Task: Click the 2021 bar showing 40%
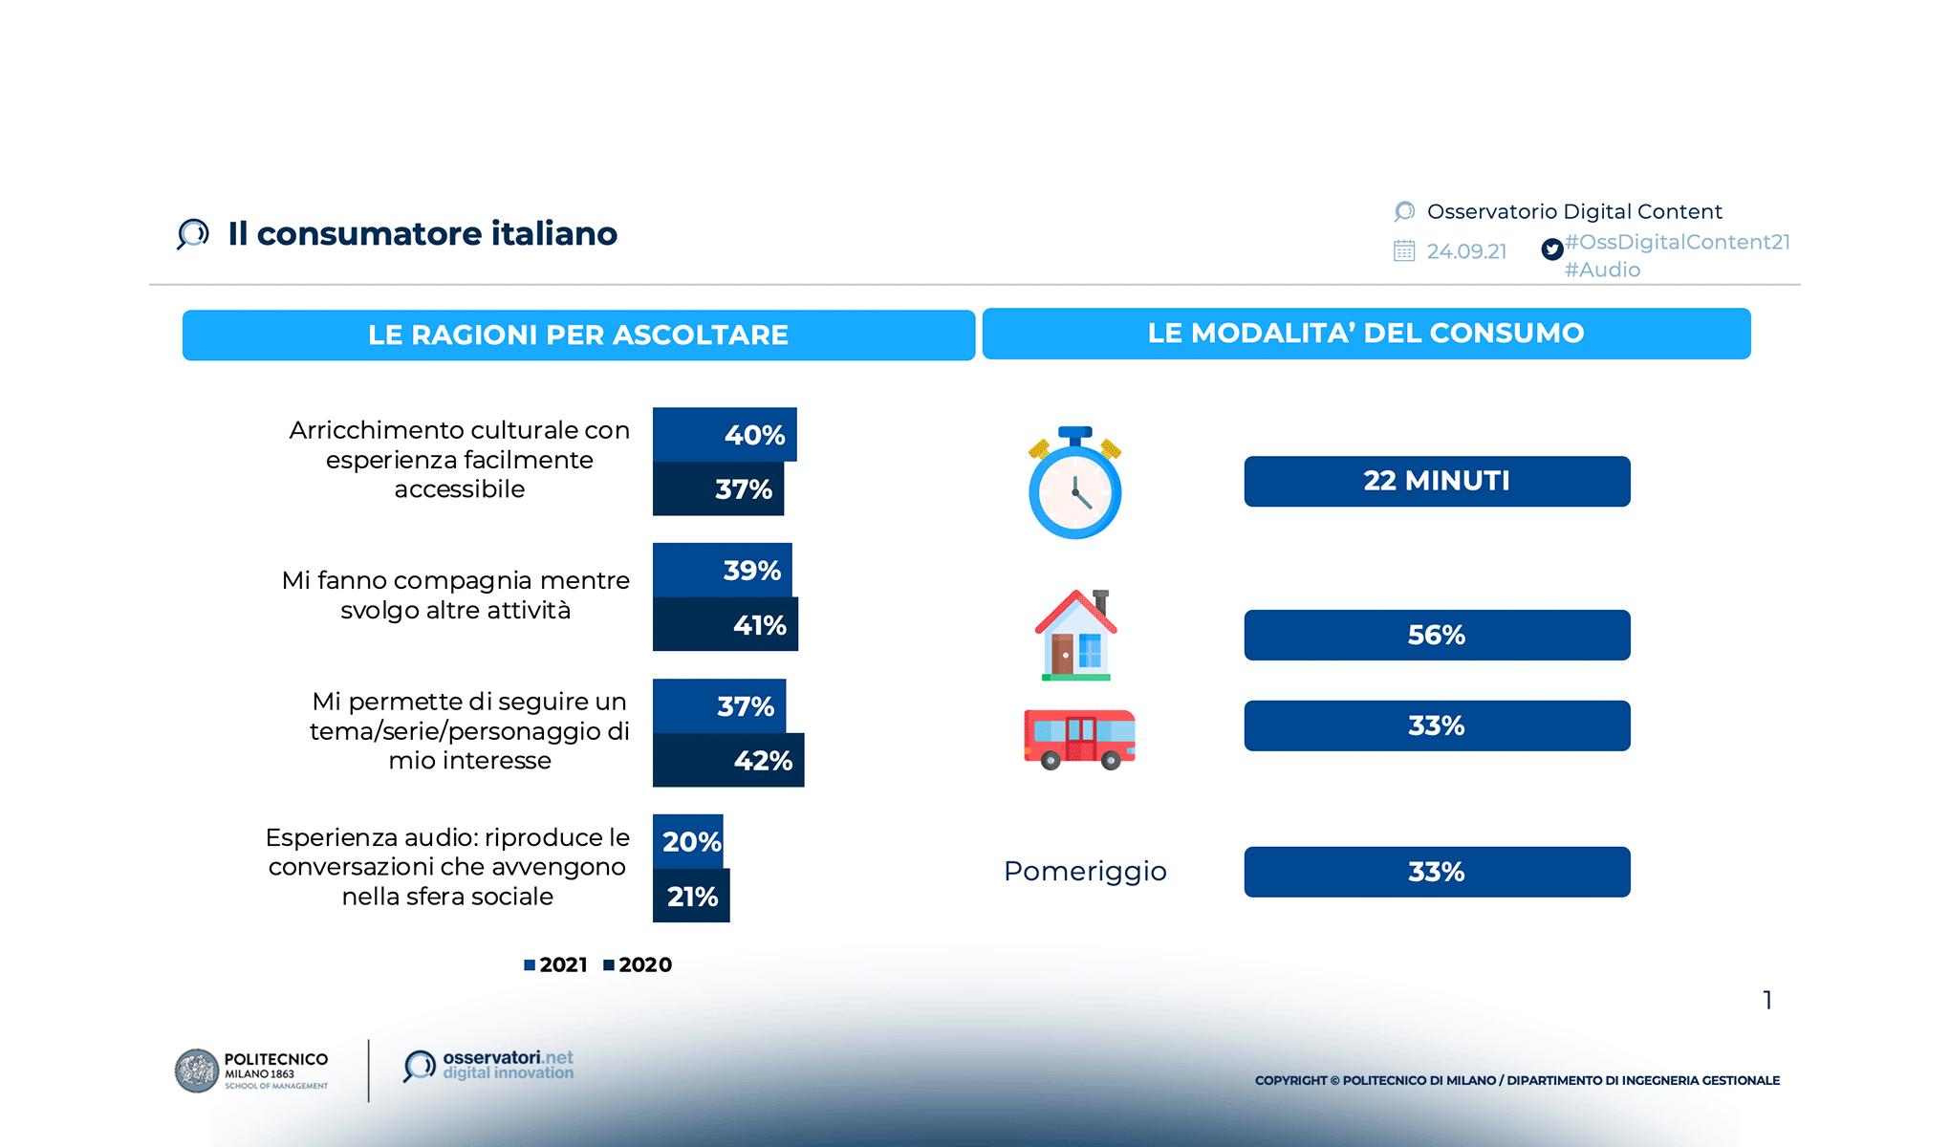pyautogui.click(x=724, y=435)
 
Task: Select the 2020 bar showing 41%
pyautogui.click(x=725, y=625)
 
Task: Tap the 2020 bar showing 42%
pyautogui.click(x=727, y=761)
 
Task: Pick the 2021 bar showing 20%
pyautogui.click(x=687, y=841)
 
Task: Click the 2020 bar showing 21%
pyautogui.click(x=690, y=897)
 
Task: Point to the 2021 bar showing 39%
pyautogui.click(x=722, y=571)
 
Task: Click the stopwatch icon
pyautogui.click(x=1074, y=484)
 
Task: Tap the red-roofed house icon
pyautogui.click(x=1075, y=636)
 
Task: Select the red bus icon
pyautogui.click(x=1079, y=739)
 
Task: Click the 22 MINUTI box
pyautogui.click(x=1437, y=481)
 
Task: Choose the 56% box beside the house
pyautogui.click(x=1437, y=635)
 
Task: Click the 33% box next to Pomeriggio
pyautogui.click(x=1437, y=872)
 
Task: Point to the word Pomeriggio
pyautogui.click(x=1085, y=872)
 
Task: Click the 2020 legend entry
pyautogui.click(x=638, y=965)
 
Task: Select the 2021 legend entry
pyautogui.click(x=556, y=965)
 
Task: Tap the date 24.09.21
pyautogui.click(x=1466, y=251)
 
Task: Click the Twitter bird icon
pyautogui.click(x=1552, y=249)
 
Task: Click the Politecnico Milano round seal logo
pyautogui.click(x=197, y=1071)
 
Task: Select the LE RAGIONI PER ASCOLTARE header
pyautogui.click(x=578, y=335)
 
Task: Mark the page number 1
pyautogui.click(x=1767, y=1000)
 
